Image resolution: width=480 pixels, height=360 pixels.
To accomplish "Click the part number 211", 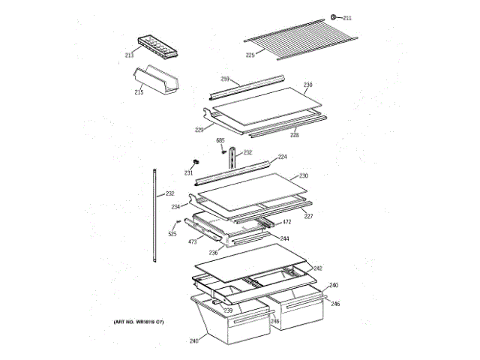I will click(x=347, y=17).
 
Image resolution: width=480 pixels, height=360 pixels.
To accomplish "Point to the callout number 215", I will click(x=139, y=92).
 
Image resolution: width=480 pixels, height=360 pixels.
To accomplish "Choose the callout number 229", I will click(x=199, y=130).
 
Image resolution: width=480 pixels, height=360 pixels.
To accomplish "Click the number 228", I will click(x=295, y=136).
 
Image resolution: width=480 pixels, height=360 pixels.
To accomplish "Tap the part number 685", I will click(x=220, y=140).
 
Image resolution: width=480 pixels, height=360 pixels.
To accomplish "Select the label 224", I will click(x=282, y=157).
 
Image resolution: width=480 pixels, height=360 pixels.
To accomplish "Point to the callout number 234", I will click(x=175, y=206).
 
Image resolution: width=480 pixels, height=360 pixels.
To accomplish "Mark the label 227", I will click(x=307, y=216).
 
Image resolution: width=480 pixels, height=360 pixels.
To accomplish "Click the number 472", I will click(x=286, y=223).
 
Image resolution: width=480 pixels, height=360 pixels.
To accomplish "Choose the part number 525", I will click(x=172, y=234).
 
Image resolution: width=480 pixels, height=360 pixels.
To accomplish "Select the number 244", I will click(x=285, y=238).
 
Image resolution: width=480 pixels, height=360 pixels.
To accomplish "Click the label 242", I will click(x=317, y=268).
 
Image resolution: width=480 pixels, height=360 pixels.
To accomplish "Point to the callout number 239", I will click(x=227, y=310).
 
